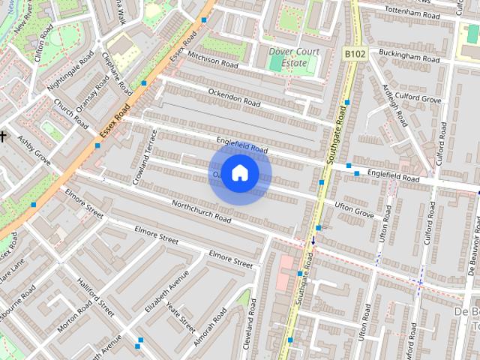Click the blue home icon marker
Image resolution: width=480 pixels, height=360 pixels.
tap(239, 173)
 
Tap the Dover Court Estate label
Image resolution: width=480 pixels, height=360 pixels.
tap(294, 58)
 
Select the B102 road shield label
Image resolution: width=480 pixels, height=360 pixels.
tap(355, 54)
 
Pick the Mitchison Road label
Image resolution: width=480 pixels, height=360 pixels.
tap(212, 60)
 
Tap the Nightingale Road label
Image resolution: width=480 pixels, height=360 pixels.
tap(70, 72)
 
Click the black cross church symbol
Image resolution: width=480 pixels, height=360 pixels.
tap(3, 136)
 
